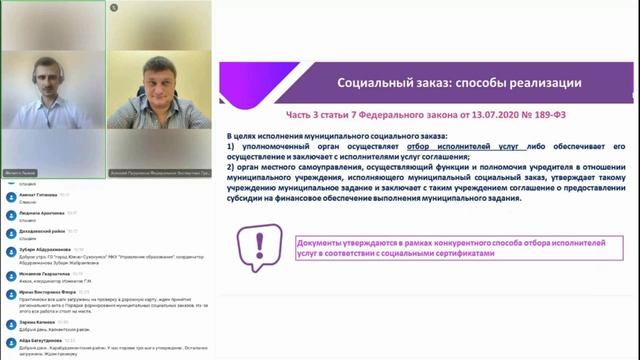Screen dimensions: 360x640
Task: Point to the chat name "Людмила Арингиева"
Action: click(40, 215)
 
